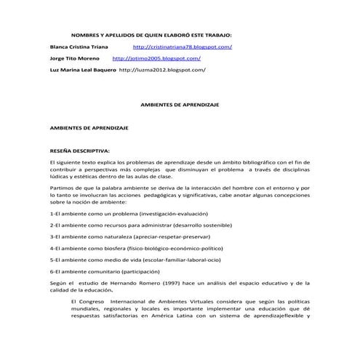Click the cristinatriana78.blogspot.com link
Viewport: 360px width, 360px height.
click(x=183, y=47)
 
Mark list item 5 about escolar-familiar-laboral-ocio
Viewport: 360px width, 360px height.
click(x=135, y=259)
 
